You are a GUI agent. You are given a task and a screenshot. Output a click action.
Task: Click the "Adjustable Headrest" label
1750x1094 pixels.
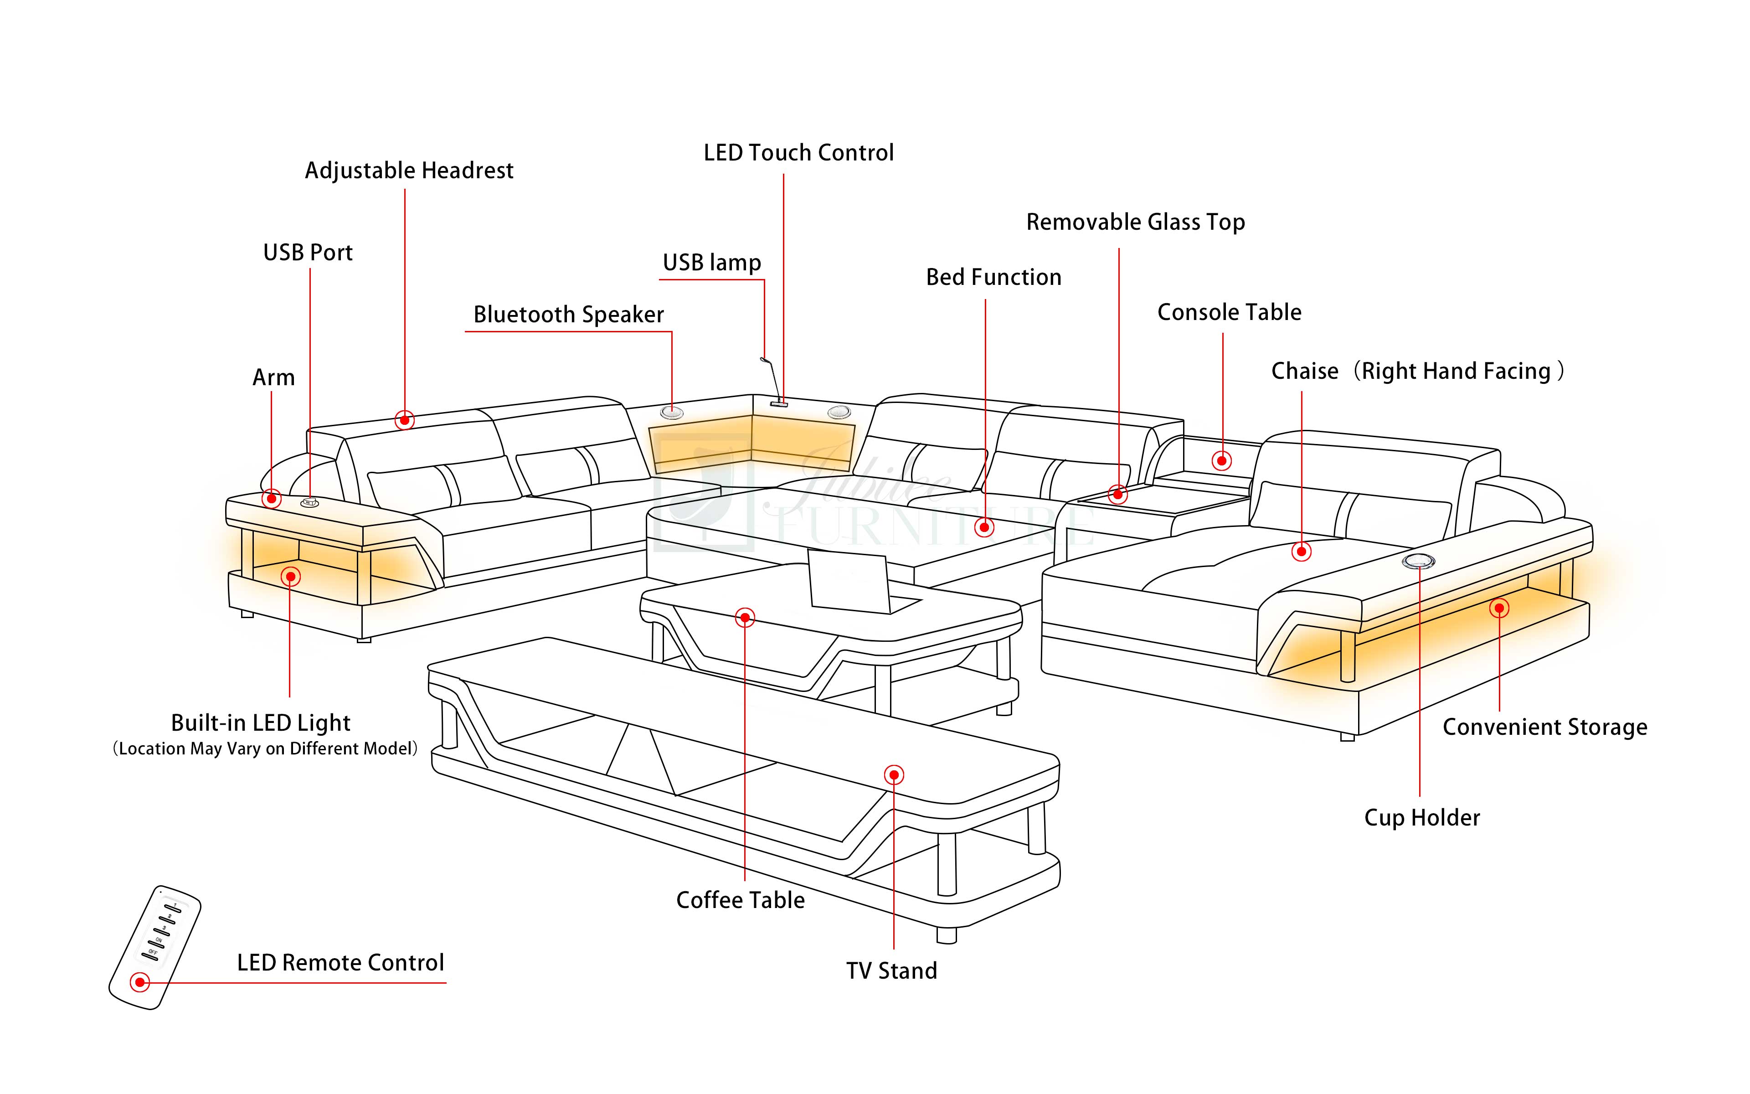coord(409,171)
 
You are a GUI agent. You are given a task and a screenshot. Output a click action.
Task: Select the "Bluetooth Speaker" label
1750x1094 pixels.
coord(568,315)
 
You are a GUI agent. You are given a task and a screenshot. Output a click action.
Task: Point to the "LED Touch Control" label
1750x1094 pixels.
coord(798,153)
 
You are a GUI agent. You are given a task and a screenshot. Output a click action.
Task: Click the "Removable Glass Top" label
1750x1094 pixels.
coord(1135,222)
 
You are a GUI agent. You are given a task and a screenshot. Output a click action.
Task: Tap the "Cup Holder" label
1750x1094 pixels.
coord(1422,818)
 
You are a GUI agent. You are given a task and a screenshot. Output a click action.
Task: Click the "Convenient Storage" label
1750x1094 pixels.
coord(1544,727)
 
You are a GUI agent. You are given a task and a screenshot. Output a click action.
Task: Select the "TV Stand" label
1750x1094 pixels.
coord(891,970)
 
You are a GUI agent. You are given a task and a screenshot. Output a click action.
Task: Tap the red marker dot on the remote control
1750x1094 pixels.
coord(139,982)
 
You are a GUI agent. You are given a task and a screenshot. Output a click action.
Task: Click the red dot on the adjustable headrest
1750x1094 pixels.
coord(404,420)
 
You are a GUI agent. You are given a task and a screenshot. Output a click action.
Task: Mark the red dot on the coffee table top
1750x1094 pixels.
coord(745,617)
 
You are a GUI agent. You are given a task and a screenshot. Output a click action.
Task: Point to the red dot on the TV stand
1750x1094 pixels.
coord(894,775)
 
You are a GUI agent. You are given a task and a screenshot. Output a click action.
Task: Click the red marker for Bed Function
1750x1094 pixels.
coord(984,527)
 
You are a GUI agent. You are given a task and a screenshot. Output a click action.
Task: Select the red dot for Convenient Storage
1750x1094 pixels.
coord(1499,608)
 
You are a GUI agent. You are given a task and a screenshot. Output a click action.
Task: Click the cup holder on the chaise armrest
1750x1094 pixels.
coord(1418,561)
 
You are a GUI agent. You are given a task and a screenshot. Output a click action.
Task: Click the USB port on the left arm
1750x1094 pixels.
coord(309,502)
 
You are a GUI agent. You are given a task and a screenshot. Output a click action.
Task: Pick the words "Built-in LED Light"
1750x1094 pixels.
coord(260,723)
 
